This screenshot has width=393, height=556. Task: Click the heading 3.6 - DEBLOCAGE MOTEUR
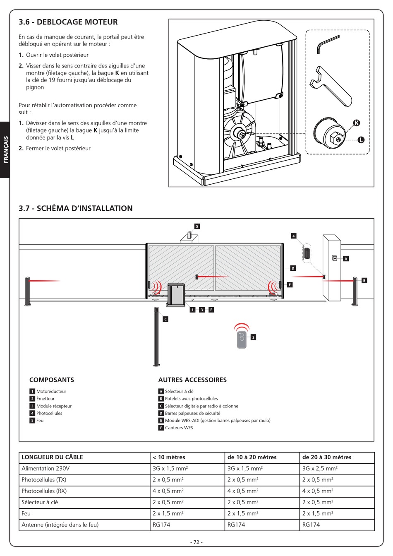[68, 22]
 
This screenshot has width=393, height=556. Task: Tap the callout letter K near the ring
[357, 123]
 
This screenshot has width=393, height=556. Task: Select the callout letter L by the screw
[361, 140]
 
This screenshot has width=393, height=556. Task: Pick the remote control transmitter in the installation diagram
[242, 339]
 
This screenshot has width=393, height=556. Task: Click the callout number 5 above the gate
[197, 226]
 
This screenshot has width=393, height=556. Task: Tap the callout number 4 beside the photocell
[293, 236]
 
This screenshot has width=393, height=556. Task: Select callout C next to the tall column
[165, 319]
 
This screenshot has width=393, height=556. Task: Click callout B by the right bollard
[364, 281]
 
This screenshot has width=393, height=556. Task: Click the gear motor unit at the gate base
[176, 295]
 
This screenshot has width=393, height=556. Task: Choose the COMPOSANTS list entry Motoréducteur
[51, 391]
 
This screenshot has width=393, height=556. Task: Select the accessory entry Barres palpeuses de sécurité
[192, 413]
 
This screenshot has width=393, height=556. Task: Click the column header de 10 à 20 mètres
[252, 457]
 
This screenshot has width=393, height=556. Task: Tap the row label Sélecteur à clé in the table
[40, 502]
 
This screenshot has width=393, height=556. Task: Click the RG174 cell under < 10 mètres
[161, 525]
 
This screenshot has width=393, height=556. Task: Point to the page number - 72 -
[196, 542]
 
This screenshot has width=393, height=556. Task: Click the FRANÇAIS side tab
[5, 149]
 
